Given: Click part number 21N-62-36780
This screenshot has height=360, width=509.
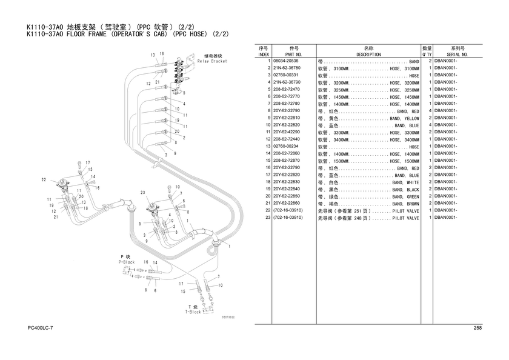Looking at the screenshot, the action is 287,68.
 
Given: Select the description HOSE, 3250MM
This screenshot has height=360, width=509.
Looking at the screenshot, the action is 404,90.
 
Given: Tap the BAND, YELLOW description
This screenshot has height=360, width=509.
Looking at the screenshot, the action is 404,119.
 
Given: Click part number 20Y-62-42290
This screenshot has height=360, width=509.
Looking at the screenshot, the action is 287,132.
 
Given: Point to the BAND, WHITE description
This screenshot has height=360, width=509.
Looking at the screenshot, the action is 405,182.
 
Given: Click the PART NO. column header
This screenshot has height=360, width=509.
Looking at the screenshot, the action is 293,55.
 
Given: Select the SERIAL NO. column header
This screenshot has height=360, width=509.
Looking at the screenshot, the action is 457,55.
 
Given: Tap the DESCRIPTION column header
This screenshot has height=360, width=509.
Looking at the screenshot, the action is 368,55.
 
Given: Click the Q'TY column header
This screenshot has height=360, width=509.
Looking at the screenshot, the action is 427,55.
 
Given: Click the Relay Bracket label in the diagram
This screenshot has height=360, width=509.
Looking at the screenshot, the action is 212,61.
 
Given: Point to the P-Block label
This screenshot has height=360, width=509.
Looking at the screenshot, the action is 126,262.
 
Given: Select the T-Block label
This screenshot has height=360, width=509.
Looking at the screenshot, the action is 193,312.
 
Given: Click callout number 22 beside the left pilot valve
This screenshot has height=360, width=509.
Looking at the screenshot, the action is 44,179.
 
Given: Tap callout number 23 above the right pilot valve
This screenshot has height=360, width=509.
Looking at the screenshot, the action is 143,193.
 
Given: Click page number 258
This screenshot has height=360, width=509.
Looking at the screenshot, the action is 477,328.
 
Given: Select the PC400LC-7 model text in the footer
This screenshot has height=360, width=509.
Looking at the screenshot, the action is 40,328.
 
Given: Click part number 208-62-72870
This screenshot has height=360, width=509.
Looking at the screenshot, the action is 287,161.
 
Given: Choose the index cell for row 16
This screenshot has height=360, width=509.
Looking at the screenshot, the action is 268,167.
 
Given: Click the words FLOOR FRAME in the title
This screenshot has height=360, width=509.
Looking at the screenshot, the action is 86,34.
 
